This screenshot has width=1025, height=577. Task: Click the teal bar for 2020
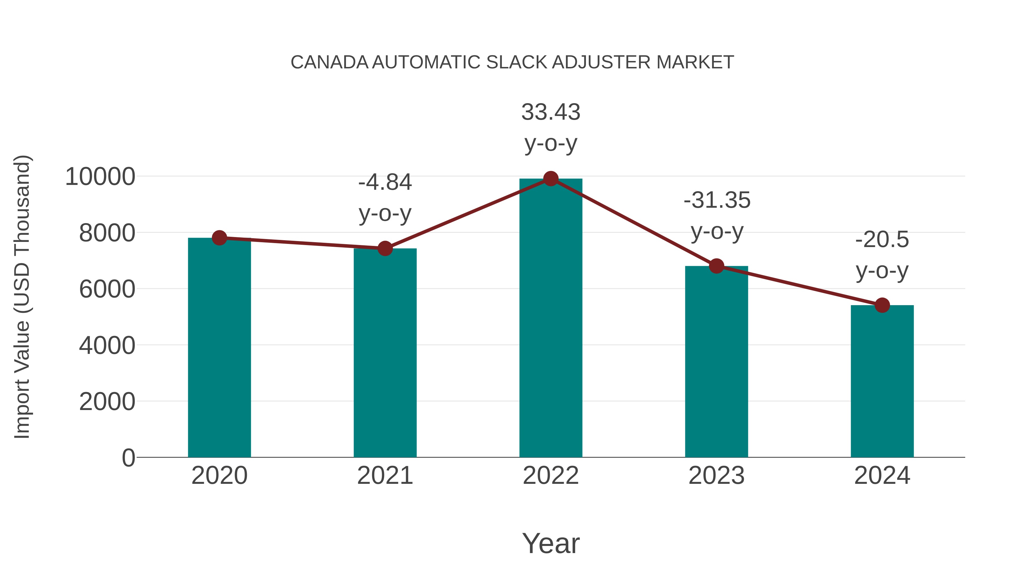click(219, 347)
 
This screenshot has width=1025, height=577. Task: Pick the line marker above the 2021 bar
click(385, 248)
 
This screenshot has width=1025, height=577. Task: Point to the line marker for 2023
click(716, 266)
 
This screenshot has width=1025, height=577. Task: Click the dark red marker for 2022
click(551, 179)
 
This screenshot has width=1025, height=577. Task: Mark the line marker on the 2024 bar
click(882, 305)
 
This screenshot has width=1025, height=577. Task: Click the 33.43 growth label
click(551, 112)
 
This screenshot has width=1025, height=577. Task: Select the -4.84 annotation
click(385, 182)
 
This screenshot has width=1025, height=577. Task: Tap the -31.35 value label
click(717, 200)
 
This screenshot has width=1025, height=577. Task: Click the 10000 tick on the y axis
click(100, 177)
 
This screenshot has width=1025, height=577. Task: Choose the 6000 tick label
click(107, 289)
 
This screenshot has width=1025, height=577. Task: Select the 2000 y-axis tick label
click(107, 402)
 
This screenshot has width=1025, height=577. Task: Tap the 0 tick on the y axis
click(128, 458)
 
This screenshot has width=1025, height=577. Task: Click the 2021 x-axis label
click(385, 476)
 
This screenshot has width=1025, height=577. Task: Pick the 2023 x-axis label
click(716, 476)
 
